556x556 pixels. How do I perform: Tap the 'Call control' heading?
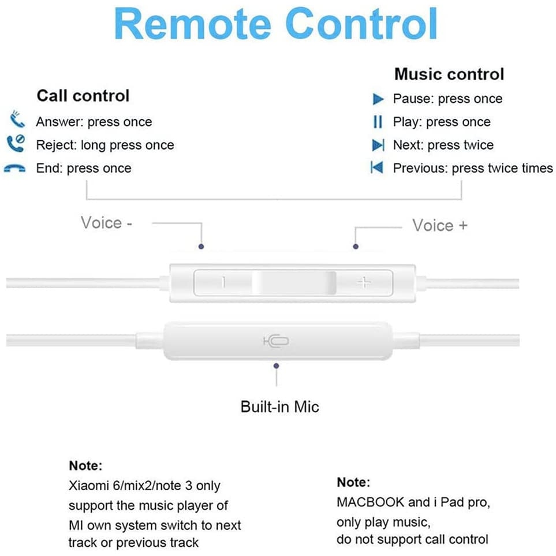click(x=83, y=95)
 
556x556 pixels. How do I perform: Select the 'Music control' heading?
click(x=449, y=74)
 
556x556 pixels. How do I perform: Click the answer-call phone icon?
click(x=17, y=120)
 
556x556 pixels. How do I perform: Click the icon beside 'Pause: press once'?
click(x=378, y=99)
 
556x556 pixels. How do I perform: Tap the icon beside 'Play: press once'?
click(x=378, y=122)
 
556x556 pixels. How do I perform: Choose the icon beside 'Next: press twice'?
click(x=378, y=145)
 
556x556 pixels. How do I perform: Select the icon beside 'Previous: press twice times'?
click(x=377, y=168)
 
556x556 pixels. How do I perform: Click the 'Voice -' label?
click(x=106, y=223)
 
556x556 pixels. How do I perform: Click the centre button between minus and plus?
click(x=294, y=282)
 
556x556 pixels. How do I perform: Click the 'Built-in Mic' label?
click(x=279, y=406)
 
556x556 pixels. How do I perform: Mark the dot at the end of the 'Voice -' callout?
click(x=201, y=246)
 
